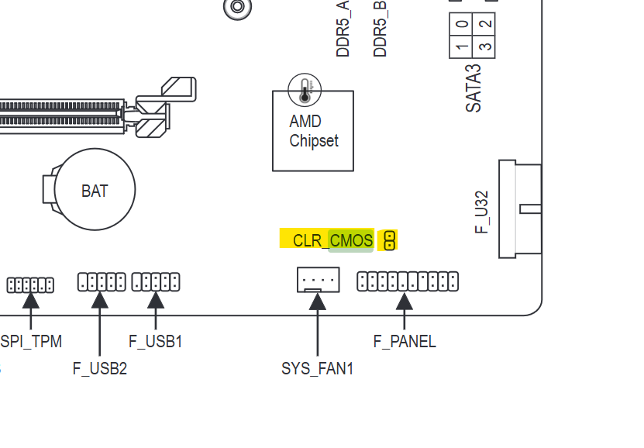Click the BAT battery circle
click(x=95, y=190)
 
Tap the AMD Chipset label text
click(x=314, y=131)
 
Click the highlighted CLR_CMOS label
click(x=332, y=240)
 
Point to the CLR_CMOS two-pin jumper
click(x=390, y=240)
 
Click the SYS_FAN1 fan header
click(x=318, y=279)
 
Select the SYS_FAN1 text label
click(x=317, y=369)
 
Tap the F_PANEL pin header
click(x=408, y=281)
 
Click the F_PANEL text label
click(x=405, y=341)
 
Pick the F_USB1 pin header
click(x=156, y=281)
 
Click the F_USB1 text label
click(x=155, y=341)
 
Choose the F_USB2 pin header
click(x=102, y=281)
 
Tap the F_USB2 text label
click(x=100, y=369)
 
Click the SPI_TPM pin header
click(x=31, y=284)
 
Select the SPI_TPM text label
click(x=31, y=341)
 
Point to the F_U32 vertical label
click(x=481, y=211)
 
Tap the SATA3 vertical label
click(x=474, y=88)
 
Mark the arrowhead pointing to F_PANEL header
click(x=405, y=301)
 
